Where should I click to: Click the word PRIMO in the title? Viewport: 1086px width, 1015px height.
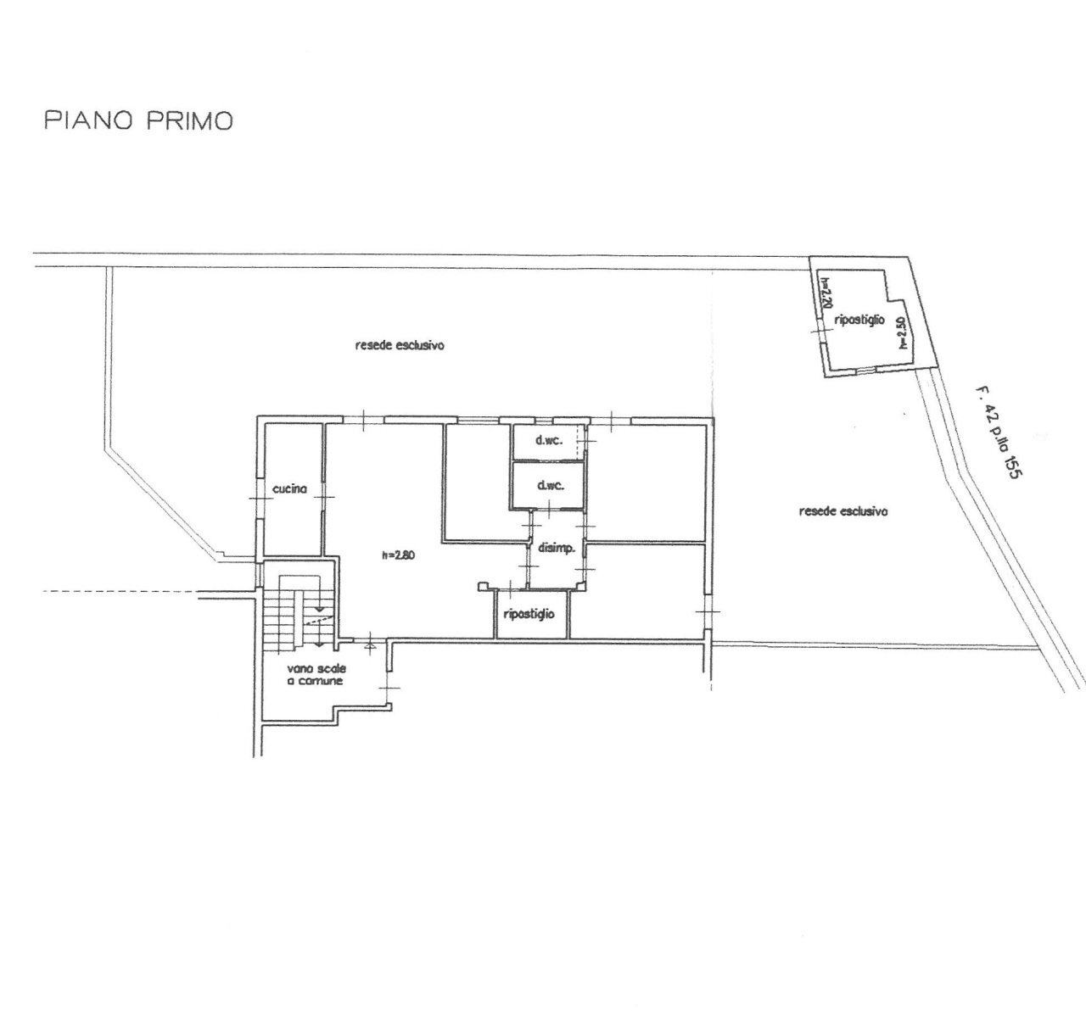click(x=189, y=121)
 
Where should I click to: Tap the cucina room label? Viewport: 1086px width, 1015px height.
click(x=289, y=489)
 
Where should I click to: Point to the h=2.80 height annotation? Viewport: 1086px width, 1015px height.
click(x=399, y=556)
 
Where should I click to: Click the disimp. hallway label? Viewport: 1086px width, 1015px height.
click(x=557, y=548)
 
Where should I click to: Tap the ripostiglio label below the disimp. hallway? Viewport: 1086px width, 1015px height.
click(x=529, y=613)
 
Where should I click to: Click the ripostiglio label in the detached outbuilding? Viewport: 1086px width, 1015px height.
click(x=859, y=320)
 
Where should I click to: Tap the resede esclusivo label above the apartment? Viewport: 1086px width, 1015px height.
click(x=401, y=345)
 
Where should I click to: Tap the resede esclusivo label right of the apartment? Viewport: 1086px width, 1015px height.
click(x=842, y=511)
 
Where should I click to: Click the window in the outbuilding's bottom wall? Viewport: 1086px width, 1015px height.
click(x=864, y=371)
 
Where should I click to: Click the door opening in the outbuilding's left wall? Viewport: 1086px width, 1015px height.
click(x=817, y=332)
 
